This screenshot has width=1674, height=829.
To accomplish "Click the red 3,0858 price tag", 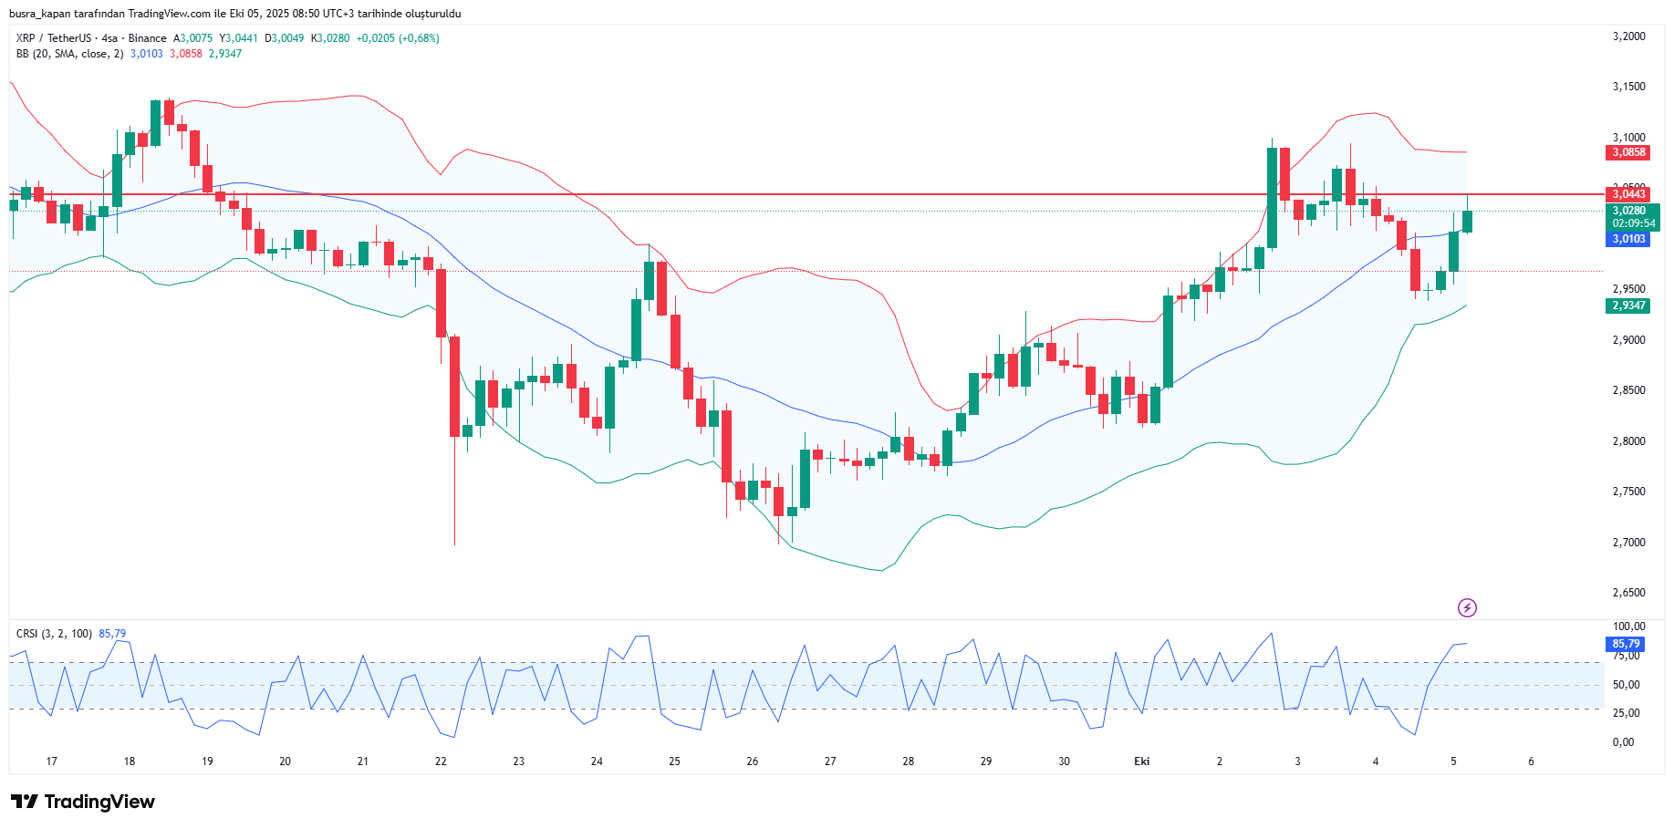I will [x=1627, y=152].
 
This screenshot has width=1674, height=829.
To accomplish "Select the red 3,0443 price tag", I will [x=1627, y=193].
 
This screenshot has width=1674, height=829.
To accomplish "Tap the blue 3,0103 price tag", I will [x=1627, y=239].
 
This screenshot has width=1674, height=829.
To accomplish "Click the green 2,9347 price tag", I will [x=1627, y=306].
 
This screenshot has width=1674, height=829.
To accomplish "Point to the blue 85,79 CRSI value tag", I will [x=1625, y=644].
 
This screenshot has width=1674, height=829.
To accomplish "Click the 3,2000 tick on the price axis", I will [x=1628, y=36].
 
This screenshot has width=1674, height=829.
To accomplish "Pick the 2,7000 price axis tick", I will [x=1628, y=542].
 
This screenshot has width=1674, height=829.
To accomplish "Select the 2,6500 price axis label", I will [x=1628, y=593].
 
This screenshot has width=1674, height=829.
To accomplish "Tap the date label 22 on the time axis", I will [x=441, y=762].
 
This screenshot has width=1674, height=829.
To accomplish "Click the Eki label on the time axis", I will [x=1141, y=762].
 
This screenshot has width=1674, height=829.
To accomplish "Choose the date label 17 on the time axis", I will [x=51, y=762].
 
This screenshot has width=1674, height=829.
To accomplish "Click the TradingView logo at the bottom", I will [x=83, y=802].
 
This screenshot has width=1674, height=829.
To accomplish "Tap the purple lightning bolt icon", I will [x=1467, y=607].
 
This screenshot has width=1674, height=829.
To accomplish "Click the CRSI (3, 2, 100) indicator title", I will [x=54, y=634].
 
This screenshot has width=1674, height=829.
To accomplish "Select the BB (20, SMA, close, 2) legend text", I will [x=69, y=54].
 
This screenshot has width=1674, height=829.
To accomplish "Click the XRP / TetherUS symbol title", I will [x=53, y=38].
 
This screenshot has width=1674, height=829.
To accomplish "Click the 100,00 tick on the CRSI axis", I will [x=1628, y=627].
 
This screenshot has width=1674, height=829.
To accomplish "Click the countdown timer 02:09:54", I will [x=1633, y=223].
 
